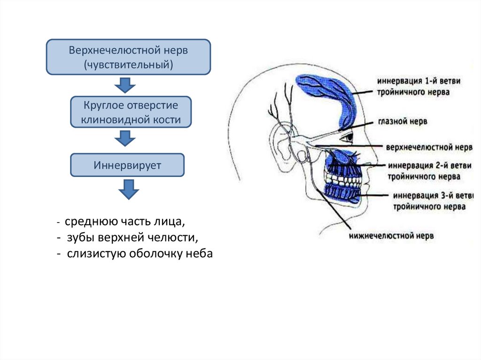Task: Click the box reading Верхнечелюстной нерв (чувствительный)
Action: click(128, 57)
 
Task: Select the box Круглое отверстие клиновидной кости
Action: click(131, 112)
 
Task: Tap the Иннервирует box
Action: click(127, 165)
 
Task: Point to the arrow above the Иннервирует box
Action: click(125, 138)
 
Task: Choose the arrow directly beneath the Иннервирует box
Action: click(128, 189)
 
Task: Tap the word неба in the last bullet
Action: click(201, 254)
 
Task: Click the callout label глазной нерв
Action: click(403, 121)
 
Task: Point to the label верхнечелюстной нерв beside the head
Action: click(428, 147)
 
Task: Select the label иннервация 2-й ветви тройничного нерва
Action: click(424, 171)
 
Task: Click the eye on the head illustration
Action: click(348, 138)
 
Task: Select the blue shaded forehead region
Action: click(329, 94)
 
